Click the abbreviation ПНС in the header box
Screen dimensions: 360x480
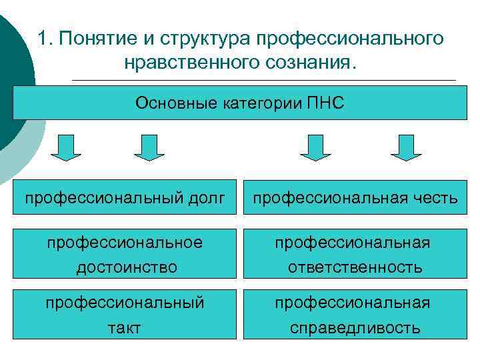click(326, 103)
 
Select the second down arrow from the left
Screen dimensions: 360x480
click(149, 147)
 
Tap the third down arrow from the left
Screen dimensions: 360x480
click(315, 147)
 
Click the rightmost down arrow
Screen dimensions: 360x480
click(406, 147)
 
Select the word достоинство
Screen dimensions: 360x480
click(127, 267)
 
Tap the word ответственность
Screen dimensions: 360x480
click(355, 267)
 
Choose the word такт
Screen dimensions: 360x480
click(125, 327)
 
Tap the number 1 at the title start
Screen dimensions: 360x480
click(43, 39)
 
